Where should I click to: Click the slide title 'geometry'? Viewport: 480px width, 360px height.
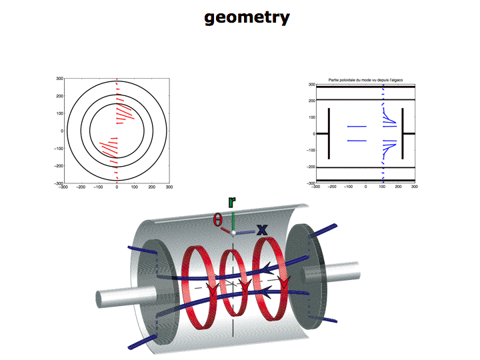click(x=247, y=17)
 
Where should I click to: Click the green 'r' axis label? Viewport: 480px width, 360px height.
click(x=231, y=203)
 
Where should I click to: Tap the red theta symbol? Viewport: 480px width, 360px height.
click(x=218, y=219)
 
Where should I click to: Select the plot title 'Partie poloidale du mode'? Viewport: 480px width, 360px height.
click(x=365, y=80)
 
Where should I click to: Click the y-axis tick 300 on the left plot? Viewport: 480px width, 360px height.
click(x=59, y=79)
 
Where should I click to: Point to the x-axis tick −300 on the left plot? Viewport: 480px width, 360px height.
click(x=63, y=188)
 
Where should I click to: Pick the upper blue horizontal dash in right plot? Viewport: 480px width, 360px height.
click(x=357, y=126)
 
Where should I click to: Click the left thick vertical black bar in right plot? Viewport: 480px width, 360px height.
click(x=329, y=133)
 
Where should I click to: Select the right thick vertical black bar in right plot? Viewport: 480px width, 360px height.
click(x=403, y=133)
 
